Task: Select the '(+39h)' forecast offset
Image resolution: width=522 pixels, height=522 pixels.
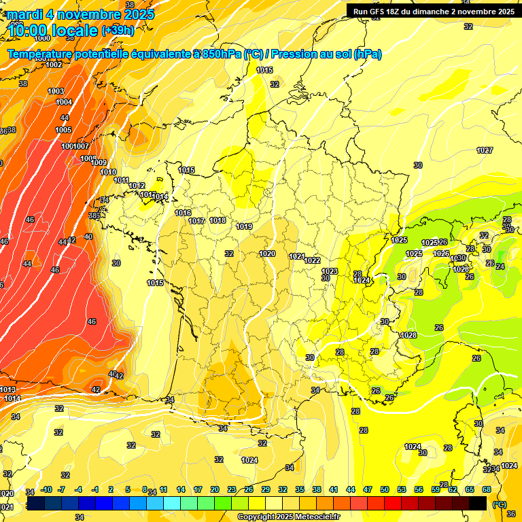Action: point(118,31)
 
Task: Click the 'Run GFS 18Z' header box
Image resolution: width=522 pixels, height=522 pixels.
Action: point(432,11)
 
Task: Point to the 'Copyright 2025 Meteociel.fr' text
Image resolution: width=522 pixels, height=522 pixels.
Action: point(288,517)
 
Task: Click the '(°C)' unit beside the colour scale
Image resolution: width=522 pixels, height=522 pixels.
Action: point(499,504)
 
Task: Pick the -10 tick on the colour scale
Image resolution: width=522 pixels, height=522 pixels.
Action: point(46,489)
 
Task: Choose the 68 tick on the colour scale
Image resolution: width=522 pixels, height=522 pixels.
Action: point(487,489)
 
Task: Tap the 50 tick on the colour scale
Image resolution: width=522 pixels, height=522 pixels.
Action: point(385,489)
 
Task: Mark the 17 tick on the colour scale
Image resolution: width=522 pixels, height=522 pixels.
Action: point(198,489)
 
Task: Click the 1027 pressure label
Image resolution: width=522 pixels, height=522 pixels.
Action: point(485,150)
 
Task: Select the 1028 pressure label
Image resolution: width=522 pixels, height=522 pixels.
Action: point(408,335)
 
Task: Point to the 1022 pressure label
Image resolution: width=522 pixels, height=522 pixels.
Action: point(312,260)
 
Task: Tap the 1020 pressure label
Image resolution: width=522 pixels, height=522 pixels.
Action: point(267,254)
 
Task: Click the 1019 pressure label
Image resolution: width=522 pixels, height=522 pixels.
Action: point(244,226)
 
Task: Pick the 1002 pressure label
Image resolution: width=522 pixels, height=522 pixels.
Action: point(54,65)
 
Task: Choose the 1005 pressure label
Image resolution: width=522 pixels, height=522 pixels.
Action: point(63,129)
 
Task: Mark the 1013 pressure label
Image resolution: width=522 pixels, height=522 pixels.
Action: point(8,389)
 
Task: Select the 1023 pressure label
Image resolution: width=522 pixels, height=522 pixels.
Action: point(330,271)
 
